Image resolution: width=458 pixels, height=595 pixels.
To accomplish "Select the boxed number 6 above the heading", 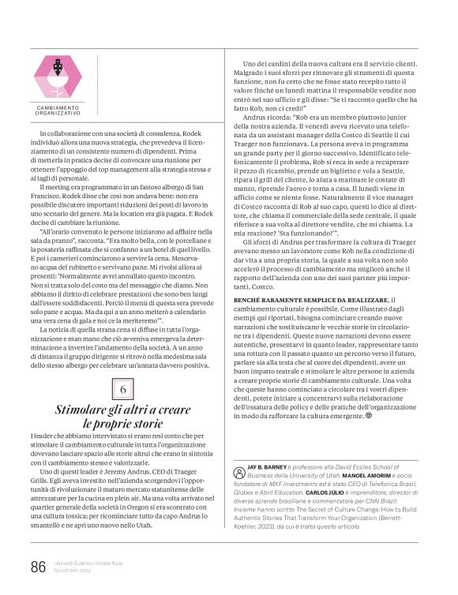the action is point(123,391).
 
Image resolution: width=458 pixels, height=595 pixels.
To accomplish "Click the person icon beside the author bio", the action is point(238,473).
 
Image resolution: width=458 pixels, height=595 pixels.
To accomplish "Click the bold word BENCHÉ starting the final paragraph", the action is point(253,301).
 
